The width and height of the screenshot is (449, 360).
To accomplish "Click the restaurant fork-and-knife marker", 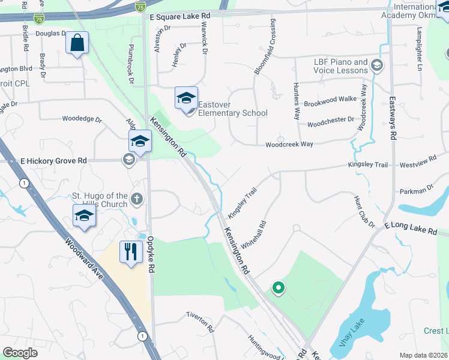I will [x=130, y=251].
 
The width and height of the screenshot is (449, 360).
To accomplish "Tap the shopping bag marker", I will [x=77, y=43].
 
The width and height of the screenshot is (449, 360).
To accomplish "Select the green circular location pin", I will [x=278, y=289].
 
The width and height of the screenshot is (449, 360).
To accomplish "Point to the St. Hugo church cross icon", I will [x=137, y=199].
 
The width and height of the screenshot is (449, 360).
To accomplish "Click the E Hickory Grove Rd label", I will [x=54, y=161].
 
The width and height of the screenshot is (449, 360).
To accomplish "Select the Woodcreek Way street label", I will [x=289, y=145].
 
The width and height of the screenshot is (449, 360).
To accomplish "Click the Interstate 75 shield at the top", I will [x=140, y=7].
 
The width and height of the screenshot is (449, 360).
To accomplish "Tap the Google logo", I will [x=19, y=353].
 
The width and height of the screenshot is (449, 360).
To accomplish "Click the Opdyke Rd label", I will [x=151, y=254].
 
